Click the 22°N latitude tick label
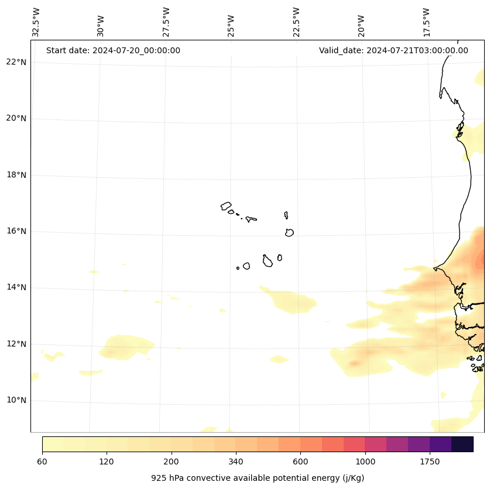tap(16, 62)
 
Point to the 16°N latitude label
tap(16, 231)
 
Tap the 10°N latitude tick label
tap(16, 400)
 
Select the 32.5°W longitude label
tap(36, 22)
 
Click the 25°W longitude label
tap(231, 26)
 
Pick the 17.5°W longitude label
tap(426, 22)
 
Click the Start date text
tap(113, 50)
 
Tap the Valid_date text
tap(393, 50)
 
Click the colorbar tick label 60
tap(42, 462)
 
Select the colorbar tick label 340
tap(236, 462)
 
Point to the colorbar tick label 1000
tap(365, 462)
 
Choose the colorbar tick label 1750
tap(430, 462)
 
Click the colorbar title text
tap(258, 478)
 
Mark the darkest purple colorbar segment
tap(462, 444)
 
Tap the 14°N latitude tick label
tap(16, 287)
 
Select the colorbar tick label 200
tap(172, 462)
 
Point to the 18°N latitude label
tap(16, 175)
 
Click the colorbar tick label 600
tap(300, 462)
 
